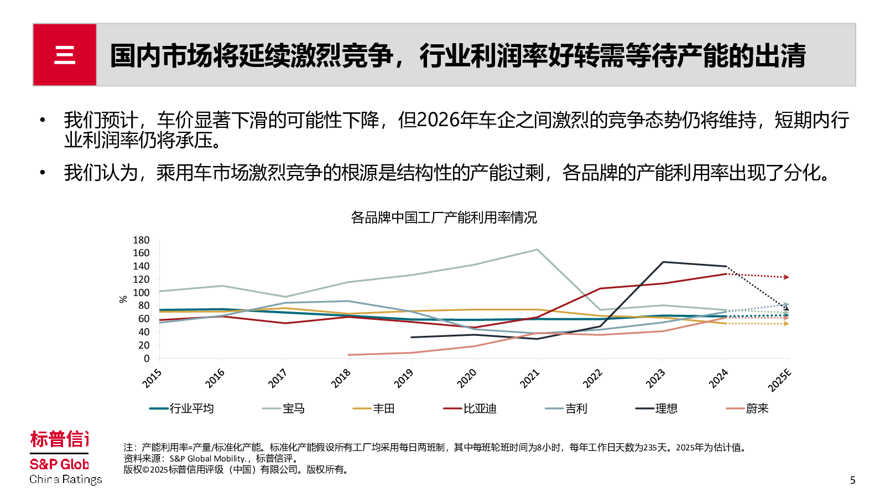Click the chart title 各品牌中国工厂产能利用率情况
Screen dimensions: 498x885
coord(444,217)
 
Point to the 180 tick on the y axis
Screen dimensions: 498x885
coord(141,240)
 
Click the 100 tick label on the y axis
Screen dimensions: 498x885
coord(141,293)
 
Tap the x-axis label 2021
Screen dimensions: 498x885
coord(529,378)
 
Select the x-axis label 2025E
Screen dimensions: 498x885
coord(780,380)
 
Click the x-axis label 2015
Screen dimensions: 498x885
coord(152,378)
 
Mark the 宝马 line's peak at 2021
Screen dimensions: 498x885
coord(537,250)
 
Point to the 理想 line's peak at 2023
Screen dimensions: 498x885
coord(663,262)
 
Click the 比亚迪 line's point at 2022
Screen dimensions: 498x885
coord(600,288)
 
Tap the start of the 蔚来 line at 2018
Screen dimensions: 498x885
coord(348,355)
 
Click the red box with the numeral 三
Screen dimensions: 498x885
coord(65,55)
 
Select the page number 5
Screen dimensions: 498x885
coord(852,480)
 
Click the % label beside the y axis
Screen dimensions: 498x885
coord(123,299)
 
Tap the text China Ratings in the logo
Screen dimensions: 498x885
coord(65,479)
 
